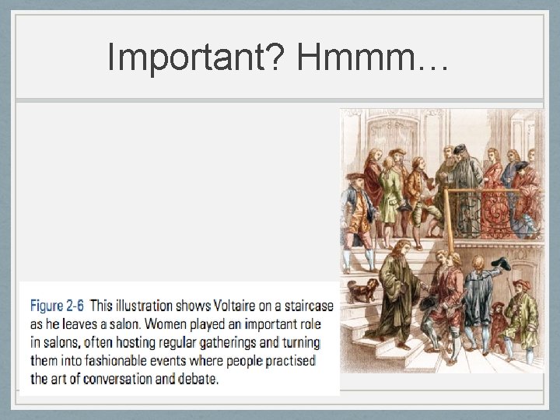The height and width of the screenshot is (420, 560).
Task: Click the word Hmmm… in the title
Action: pos(372,56)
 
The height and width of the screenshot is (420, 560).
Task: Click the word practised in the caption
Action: pos(285,361)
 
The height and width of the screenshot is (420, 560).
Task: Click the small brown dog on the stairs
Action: pos(362,290)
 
